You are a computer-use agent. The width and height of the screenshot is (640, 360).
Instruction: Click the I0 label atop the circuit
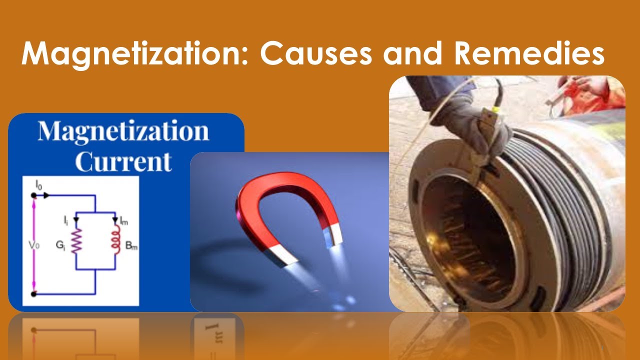[x=38, y=185]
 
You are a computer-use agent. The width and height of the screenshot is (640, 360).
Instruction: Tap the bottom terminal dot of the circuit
[x=34, y=294]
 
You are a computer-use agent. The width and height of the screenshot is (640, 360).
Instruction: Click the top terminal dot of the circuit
[x=34, y=195]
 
